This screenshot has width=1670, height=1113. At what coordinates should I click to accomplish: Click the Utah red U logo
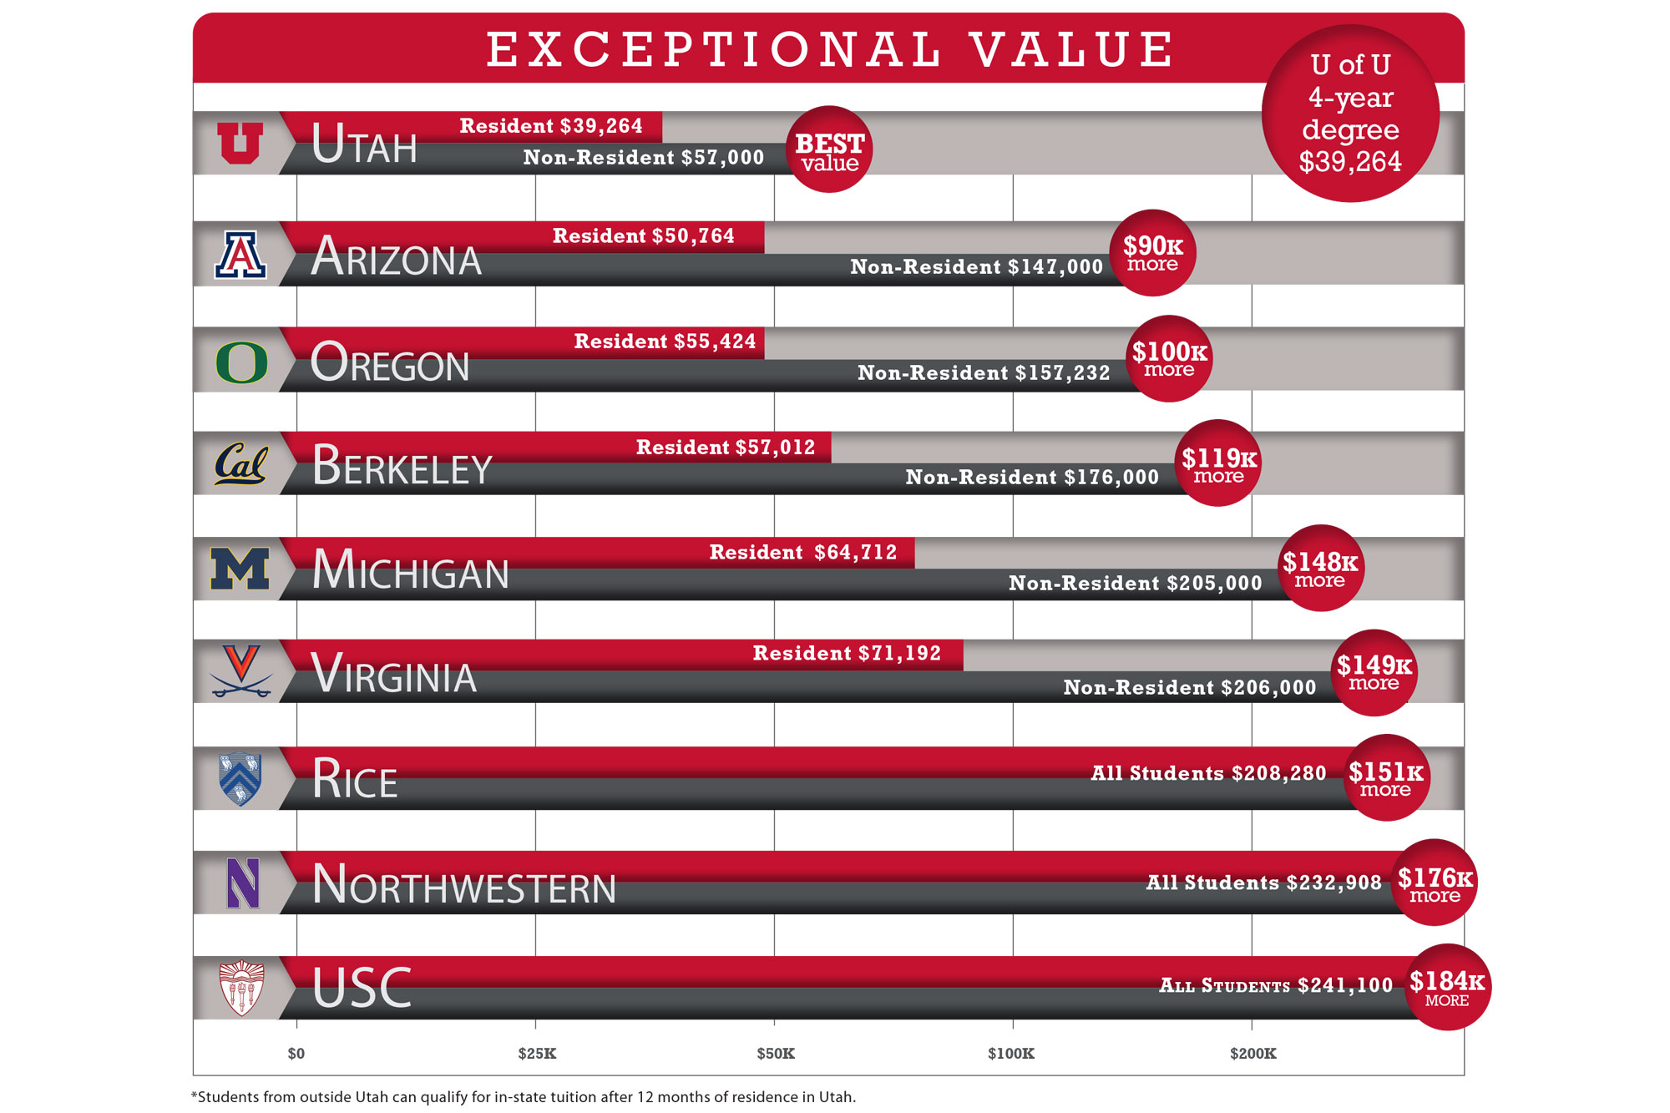click(240, 143)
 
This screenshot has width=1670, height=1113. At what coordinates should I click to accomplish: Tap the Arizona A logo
click(240, 255)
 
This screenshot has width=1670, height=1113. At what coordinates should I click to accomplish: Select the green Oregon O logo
click(241, 362)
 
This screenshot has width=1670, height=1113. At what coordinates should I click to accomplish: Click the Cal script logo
click(240, 464)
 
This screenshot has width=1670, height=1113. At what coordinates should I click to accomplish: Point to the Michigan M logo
click(240, 569)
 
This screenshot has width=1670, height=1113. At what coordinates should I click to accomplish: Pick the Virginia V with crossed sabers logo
click(241, 670)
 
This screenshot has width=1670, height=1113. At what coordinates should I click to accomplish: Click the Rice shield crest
click(240, 779)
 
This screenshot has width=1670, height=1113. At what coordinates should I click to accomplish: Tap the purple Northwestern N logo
click(243, 883)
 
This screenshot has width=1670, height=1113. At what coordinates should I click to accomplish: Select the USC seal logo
click(241, 989)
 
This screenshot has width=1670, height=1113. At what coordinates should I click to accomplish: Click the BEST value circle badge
click(829, 150)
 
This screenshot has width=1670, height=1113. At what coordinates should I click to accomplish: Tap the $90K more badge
click(1152, 253)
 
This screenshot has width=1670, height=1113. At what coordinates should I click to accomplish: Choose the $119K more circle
click(1218, 463)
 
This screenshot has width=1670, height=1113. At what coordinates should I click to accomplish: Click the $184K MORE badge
click(1447, 987)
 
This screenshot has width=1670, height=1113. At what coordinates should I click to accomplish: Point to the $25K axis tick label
click(537, 1054)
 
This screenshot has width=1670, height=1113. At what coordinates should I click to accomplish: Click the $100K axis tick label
click(1011, 1054)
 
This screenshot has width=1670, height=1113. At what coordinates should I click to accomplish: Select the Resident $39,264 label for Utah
click(551, 126)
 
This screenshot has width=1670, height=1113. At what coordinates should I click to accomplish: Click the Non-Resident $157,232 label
click(984, 373)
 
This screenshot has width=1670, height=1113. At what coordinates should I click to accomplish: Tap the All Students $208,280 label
click(1208, 773)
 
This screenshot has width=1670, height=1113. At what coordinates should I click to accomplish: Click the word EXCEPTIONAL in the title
click(715, 49)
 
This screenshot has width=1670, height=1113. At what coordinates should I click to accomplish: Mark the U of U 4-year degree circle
click(1350, 114)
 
